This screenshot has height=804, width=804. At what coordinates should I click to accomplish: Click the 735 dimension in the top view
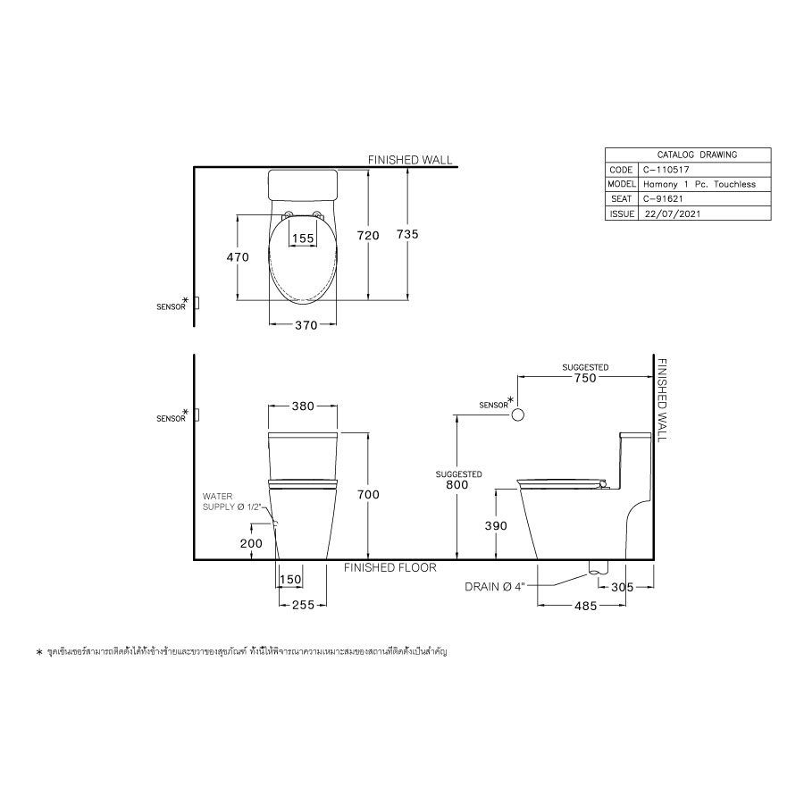407,234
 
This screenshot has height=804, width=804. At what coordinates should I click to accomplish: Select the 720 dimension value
368,235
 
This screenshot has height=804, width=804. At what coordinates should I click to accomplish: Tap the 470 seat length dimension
237,257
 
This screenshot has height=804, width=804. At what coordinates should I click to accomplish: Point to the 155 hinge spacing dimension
303,239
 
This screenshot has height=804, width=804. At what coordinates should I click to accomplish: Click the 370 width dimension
306,326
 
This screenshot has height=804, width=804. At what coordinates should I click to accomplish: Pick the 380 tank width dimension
303,406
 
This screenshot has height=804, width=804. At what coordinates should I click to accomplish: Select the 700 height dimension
368,495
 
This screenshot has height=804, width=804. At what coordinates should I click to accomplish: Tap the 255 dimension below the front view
304,605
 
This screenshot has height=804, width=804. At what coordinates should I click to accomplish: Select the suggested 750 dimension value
585,378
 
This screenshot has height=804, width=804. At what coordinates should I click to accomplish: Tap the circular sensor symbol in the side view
517,415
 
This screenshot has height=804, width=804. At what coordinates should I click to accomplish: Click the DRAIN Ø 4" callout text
498,587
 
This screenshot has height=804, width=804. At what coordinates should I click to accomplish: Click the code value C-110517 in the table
666,169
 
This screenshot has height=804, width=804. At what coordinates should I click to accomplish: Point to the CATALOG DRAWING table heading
686,155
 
